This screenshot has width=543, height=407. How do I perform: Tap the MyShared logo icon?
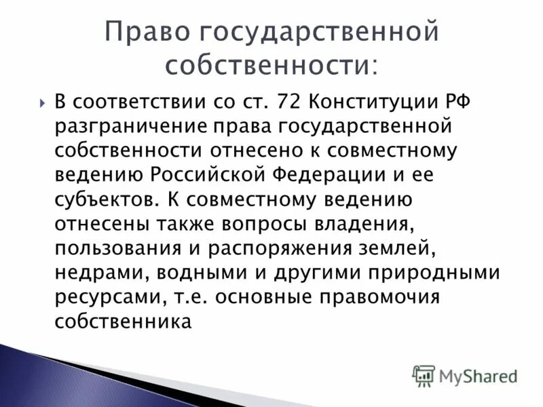click(x=424, y=375)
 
